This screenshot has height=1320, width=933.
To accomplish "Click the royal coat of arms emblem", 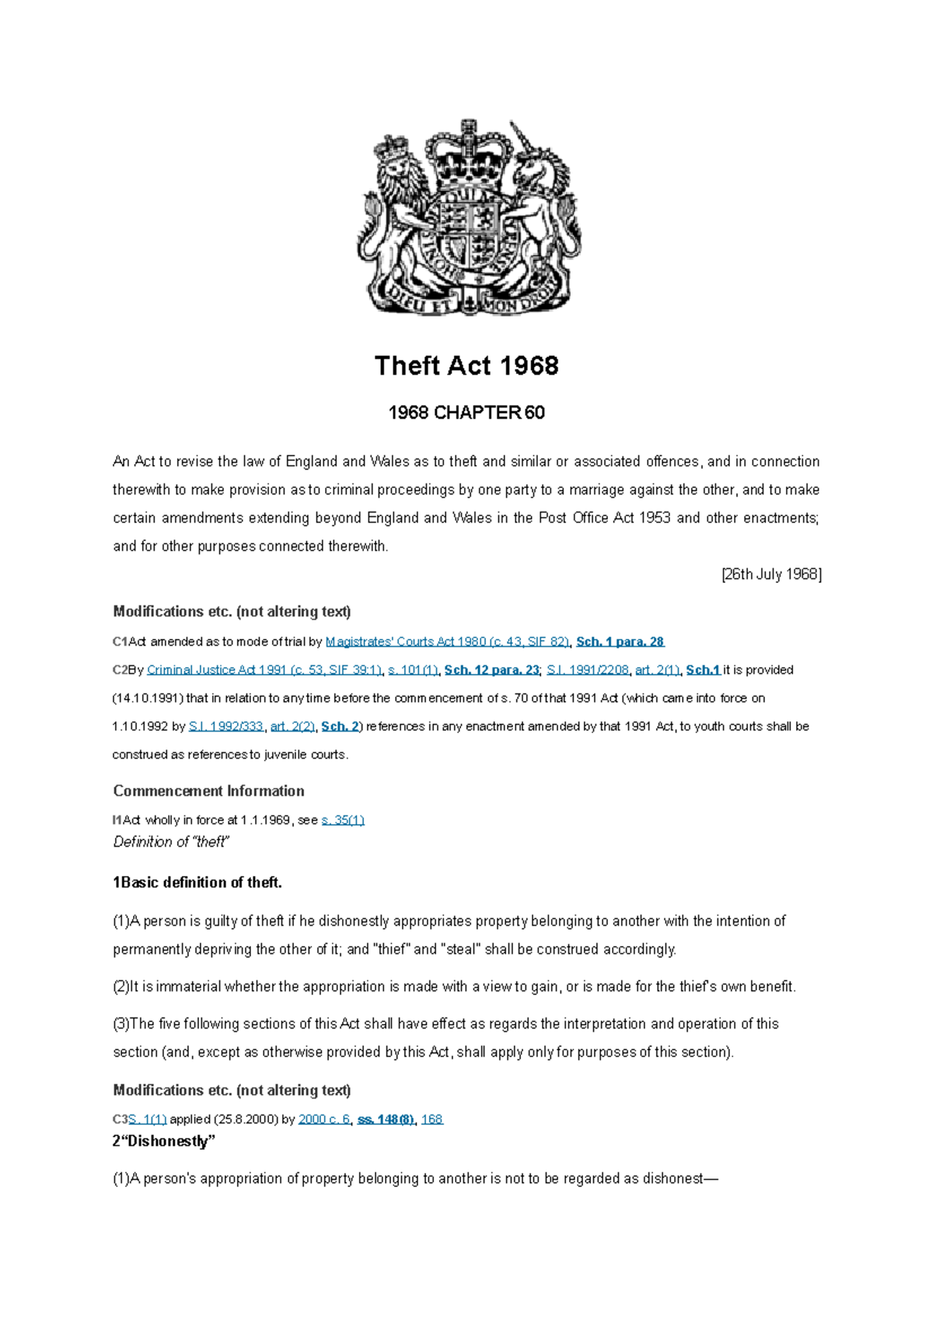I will (467, 218).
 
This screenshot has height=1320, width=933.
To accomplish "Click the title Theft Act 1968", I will (466, 365).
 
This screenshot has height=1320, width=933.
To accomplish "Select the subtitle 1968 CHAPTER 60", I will (466, 413).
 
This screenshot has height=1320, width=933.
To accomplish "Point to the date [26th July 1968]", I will (771, 574).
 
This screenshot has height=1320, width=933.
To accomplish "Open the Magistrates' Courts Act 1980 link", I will (447, 641).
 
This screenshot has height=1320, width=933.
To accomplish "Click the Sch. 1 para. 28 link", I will (620, 641).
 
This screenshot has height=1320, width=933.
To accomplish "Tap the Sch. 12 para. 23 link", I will (491, 669).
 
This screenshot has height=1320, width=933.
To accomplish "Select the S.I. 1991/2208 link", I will (587, 669).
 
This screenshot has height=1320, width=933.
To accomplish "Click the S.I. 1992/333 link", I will (226, 726).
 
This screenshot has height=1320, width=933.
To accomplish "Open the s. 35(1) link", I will (343, 819).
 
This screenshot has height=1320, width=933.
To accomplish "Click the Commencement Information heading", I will (208, 791).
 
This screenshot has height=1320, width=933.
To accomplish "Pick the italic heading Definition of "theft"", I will (170, 842).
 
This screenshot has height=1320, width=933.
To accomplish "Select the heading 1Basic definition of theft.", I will (197, 882).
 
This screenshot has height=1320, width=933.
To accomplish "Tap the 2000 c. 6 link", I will (324, 1119).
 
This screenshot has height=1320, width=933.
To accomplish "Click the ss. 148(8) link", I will (386, 1119).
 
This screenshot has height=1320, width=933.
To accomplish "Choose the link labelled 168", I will (432, 1119).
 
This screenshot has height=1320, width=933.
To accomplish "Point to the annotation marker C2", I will (120, 669).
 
